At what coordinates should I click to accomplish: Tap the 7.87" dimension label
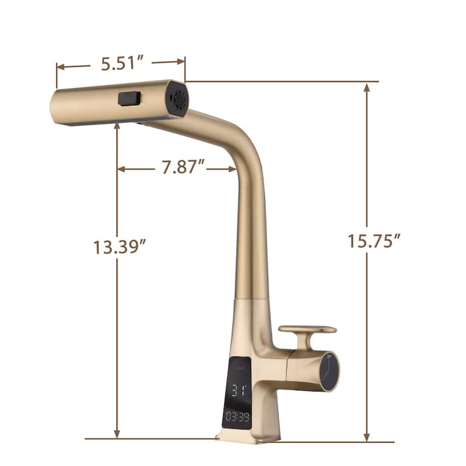(183, 168)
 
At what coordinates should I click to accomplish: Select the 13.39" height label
(119, 247)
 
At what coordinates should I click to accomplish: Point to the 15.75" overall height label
(374, 241)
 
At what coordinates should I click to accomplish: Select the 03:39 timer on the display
(237, 417)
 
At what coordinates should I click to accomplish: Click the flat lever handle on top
(307, 329)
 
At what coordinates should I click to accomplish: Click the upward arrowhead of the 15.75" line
(366, 87)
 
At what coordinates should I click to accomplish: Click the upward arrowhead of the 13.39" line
(117, 127)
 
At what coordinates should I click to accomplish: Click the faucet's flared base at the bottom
(248, 435)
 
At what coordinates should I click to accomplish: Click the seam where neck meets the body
(252, 298)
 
